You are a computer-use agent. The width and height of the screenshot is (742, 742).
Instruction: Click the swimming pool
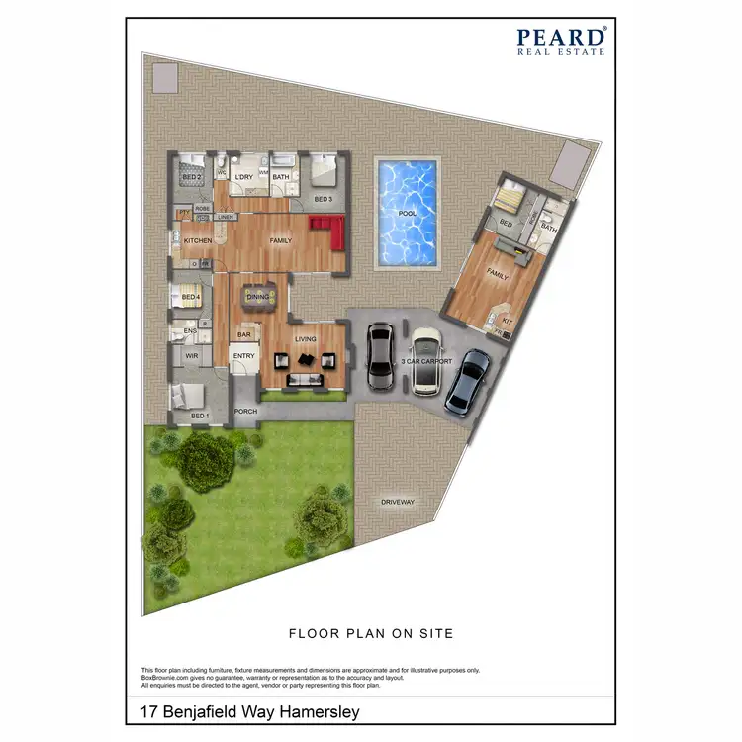pos(407,214)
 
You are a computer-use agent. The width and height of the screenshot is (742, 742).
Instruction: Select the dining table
pos(258,298)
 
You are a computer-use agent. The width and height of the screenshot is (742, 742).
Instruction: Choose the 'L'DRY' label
pos(243,177)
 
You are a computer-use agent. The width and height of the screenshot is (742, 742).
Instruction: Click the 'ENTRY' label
pos(243,357)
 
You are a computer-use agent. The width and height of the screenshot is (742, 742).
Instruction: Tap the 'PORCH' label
pos(245,412)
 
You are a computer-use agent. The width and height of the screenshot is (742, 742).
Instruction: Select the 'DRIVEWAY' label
pos(398,503)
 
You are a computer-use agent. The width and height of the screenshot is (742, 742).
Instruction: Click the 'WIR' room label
pos(192,355)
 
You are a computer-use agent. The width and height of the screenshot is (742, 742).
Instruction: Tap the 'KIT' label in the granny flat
pos(508,322)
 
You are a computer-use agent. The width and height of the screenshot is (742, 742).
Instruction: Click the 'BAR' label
pos(243,334)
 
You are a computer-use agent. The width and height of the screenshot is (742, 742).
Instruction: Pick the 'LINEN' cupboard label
pos(226,217)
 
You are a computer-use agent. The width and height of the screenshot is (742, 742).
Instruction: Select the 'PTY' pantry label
pos(183,212)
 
